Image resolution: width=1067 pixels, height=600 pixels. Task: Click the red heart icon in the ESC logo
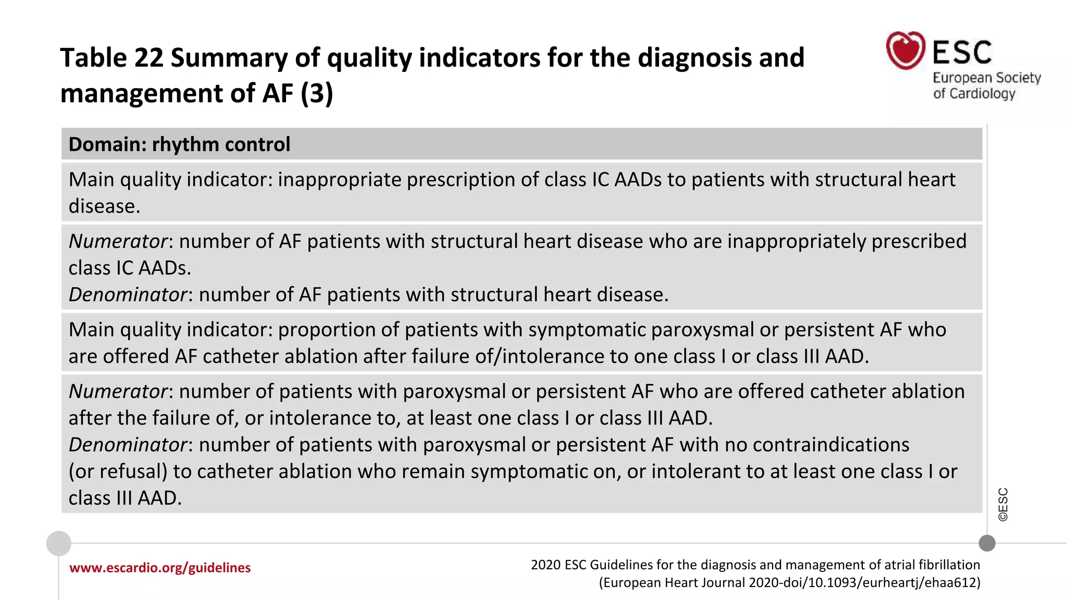(x=905, y=51)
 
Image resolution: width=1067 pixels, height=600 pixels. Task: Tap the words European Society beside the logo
(x=986, y=78)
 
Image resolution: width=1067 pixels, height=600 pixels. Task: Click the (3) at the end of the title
(x=316, y=93)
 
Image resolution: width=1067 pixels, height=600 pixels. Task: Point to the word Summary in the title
(x=229, y=58)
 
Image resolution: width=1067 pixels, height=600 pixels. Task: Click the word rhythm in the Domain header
(x=183, y=144)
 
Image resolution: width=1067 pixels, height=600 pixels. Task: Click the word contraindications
(x=830, y=445)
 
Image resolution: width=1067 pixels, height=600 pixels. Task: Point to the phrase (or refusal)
(x=118, y=471)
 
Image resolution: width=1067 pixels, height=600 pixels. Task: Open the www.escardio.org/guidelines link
(x=160, y=568)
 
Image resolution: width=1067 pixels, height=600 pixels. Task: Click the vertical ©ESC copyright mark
(x=1003, y=504)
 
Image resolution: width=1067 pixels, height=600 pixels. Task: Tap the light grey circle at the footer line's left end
(x=59, y=544)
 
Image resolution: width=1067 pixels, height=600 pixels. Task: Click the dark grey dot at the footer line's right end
(x=987, y=543)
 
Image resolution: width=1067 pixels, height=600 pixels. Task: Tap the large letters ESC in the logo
(x=962, y=52)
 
